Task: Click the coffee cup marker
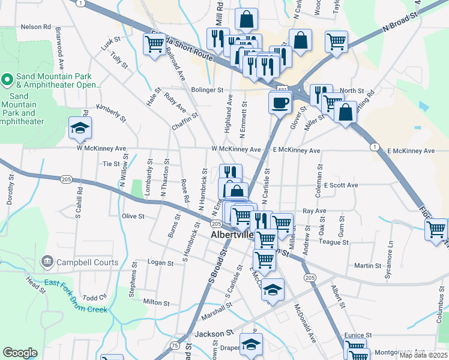click(280, 102)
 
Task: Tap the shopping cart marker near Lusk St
click(154, 44)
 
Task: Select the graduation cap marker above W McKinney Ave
click(80, 128)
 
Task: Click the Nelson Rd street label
click(36, 27)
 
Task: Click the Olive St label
click(133, 216)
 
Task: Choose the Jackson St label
click(214, 333)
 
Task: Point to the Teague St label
click(334, 242)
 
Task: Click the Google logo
click(20, 353)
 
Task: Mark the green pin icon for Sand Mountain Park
click(7, 79)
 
